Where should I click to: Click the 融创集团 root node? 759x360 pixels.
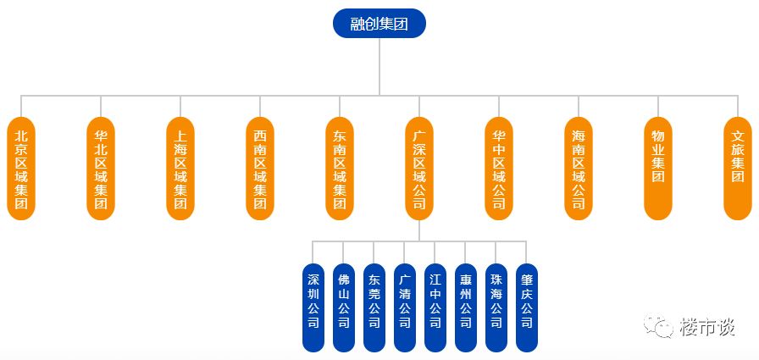[379, 24]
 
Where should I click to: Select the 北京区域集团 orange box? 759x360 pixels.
[21, 169]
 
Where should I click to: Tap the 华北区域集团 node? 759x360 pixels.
[101, 169]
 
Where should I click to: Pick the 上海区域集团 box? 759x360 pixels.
[180, 169]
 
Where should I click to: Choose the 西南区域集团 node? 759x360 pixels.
[260, 169]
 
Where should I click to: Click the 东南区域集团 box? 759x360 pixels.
[340, 169]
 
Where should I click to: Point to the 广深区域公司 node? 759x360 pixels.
[419, 169]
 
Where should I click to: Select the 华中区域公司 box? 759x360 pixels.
[499, 169]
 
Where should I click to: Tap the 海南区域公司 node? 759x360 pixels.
[579, 169]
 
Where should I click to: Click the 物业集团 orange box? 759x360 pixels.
[658, 169]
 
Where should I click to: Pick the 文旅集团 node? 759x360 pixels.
[738, 169]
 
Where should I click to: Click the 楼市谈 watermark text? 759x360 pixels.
[706, 327]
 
